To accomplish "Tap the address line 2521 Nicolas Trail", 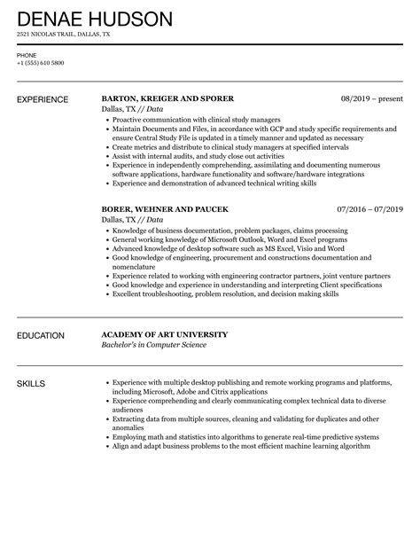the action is [64, 35].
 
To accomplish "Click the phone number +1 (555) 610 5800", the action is [41, 62].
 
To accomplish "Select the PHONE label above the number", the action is [27, 54].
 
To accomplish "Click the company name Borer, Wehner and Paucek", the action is [166, 209].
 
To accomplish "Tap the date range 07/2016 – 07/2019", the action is [369, 209].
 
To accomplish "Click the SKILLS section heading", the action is [32, 384].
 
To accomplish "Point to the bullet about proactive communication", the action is [196, 119].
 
